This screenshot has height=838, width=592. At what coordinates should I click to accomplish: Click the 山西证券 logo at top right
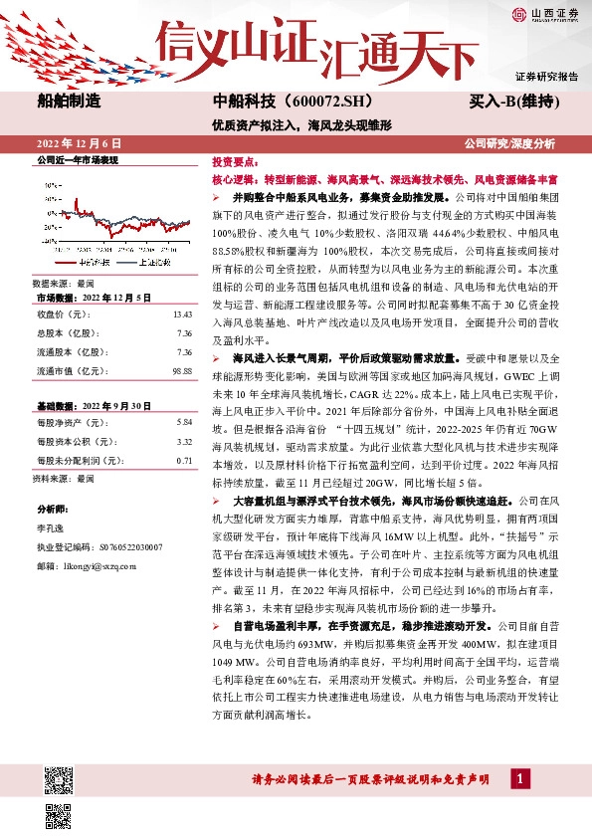[545, 13]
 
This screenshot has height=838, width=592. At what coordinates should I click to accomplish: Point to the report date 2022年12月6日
[79, 143]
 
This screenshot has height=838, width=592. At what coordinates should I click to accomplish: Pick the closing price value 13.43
[182, 314]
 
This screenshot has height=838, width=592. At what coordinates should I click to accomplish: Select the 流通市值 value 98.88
[182, 370]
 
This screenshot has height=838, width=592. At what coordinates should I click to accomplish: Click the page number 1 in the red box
[519, 776]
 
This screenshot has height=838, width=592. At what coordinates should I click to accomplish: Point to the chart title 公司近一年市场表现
[78, 159]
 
